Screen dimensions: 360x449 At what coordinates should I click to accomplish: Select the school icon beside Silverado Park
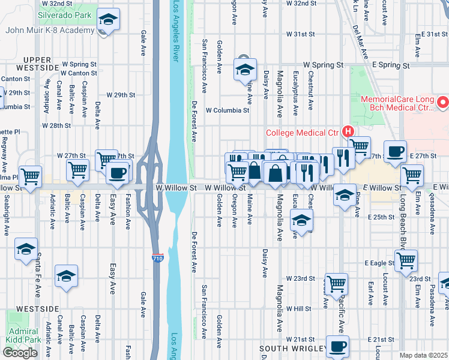108,20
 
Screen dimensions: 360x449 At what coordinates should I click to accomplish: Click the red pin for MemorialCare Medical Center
443,103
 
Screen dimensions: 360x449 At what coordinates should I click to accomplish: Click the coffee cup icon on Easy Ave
116,173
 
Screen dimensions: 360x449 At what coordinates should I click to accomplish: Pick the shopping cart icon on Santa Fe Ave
30,177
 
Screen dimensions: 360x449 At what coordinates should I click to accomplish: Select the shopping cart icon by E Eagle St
406,261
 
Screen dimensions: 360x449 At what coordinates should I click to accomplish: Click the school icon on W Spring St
245,70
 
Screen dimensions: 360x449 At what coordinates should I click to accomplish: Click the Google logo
20,353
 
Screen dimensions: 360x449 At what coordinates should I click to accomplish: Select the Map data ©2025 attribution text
423,355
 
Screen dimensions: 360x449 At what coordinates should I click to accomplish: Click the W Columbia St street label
227,110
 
